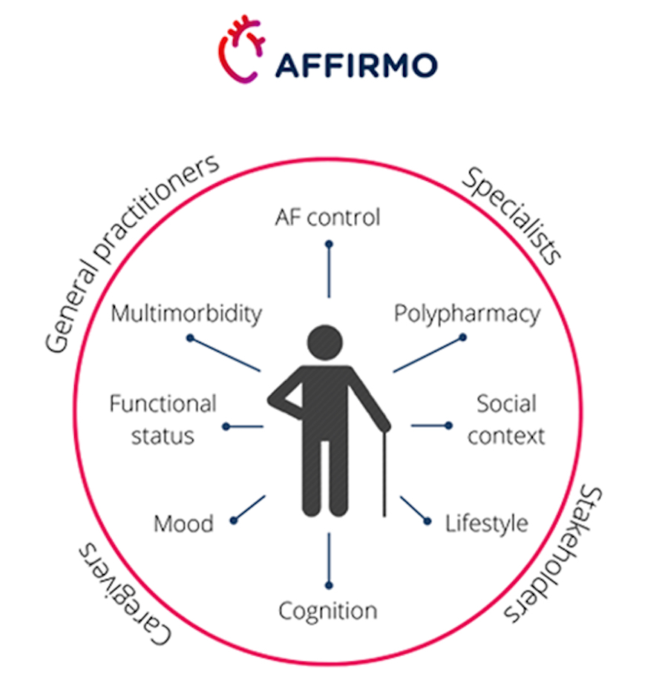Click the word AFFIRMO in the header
[356, 65]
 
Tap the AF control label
[327, 217]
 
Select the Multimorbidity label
[186, 314]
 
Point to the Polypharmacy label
[467, 314]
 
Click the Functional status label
[163, 420]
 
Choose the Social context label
[506, 420]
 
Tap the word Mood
[184, 523]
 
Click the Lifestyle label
[486, 523]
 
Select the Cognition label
[327, 611]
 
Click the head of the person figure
[325, 343]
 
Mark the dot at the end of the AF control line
[330, 244]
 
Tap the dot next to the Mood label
[234, 520]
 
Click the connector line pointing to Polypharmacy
[428, 354]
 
